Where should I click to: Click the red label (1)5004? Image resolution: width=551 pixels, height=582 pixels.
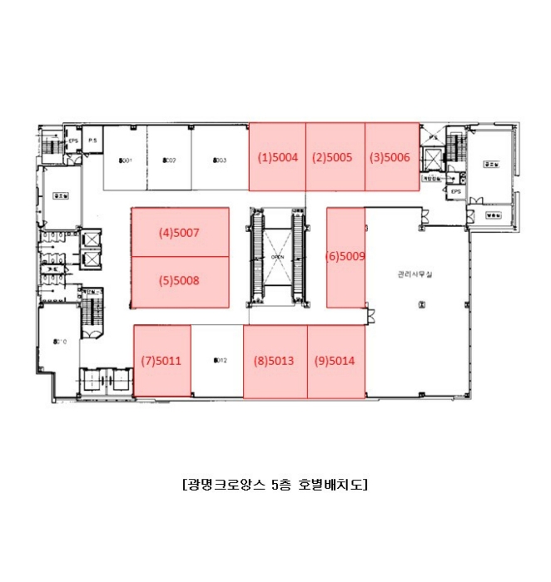point(277,157)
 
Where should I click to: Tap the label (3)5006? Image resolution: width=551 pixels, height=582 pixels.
point(390,157)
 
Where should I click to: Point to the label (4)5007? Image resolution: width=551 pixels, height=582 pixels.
point(180,234)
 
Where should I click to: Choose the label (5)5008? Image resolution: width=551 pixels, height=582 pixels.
point(180,281)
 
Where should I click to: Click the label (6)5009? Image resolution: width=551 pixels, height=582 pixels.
point(345,257)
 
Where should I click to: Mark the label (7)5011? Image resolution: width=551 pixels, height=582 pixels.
point(161,361)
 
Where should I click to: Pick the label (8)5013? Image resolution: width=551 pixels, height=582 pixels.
point(275,361)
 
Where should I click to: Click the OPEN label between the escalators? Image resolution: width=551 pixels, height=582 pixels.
point(278,257)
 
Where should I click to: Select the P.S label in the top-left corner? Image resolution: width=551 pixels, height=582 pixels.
point(92,141)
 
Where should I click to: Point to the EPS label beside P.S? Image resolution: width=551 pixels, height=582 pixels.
point(73,141)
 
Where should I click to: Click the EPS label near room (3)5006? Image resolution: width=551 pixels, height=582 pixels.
point(455,190)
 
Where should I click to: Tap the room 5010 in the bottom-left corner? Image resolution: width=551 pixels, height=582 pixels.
point(60,342)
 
